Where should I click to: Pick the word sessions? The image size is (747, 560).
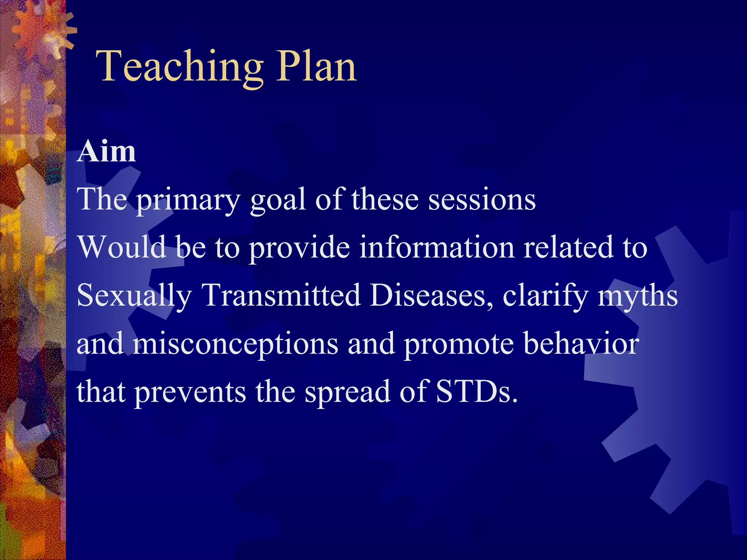point(482,200)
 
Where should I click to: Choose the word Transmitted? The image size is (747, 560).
point(281,295)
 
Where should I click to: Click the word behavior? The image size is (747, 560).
point(581,343)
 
